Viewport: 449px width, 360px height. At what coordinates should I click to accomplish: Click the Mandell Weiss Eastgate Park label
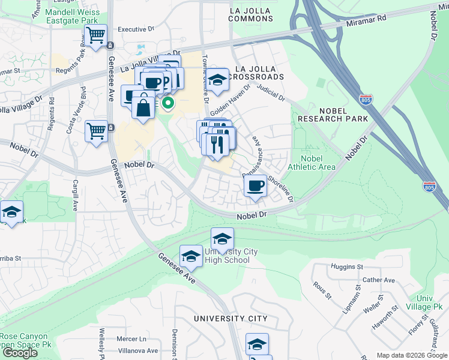73,16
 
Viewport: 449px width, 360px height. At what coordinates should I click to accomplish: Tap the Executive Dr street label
136,29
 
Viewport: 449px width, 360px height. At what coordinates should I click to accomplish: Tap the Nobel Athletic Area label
312,163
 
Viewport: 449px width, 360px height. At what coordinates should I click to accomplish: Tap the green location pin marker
169,103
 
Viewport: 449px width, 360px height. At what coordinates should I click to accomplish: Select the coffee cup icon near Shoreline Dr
256,185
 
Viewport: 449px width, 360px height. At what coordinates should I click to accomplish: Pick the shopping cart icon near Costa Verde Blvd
96,130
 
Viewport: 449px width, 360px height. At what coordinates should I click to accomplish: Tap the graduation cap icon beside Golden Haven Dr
217,79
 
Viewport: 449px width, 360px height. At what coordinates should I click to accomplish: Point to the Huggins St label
346,266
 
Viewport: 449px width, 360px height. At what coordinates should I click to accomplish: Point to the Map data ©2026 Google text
411,355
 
